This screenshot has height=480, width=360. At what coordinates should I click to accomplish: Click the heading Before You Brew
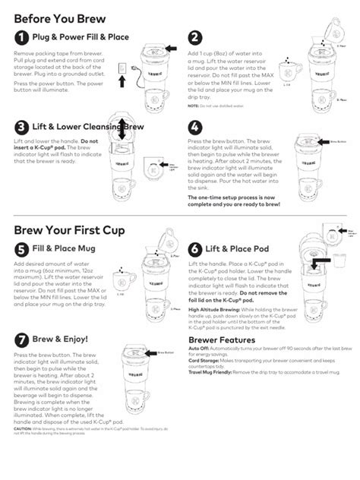(59, 17)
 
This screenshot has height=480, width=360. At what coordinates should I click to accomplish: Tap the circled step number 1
(22, 38)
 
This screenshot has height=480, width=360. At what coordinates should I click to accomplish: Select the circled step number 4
(195, 127)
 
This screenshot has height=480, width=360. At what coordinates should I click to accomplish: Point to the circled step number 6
(195, 249)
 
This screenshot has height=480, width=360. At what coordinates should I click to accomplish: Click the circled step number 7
(22, 339)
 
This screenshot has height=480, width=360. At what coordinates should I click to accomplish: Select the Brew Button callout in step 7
(166, 352)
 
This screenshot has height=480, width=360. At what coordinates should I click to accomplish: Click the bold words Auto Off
(197, 349)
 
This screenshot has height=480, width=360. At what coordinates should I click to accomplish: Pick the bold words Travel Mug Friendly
(210, 372)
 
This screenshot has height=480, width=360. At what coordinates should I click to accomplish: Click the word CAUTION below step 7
(23, 428)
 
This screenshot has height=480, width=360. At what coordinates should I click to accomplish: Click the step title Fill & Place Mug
(64, 248)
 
